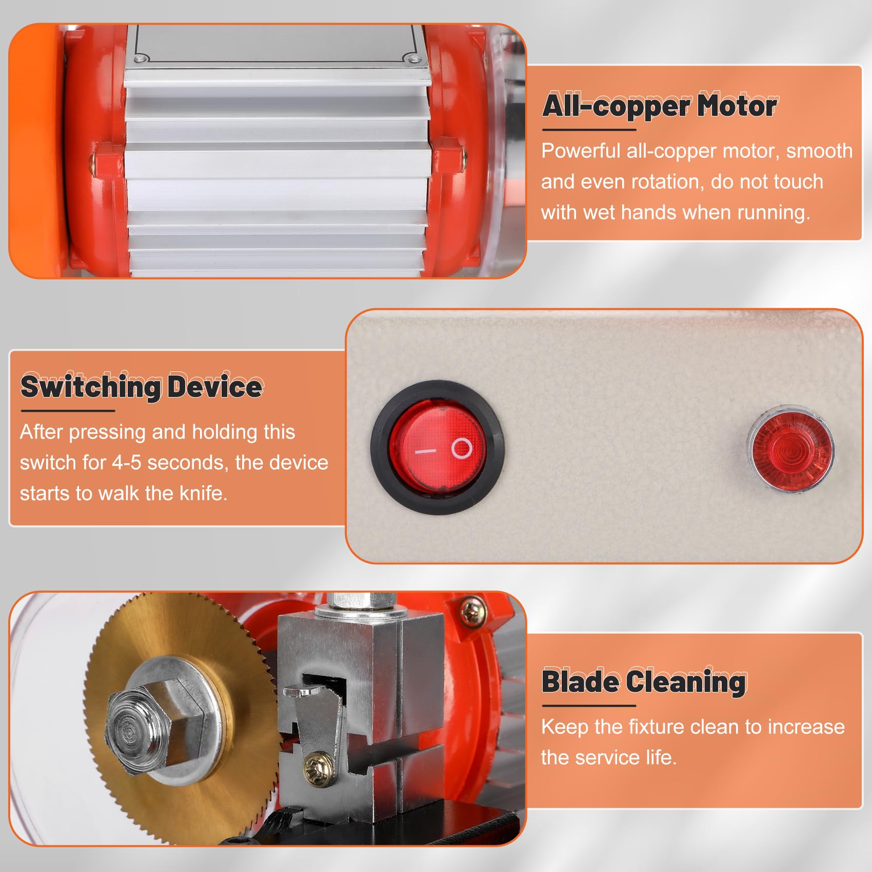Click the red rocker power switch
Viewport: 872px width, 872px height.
click(x=437, y=447)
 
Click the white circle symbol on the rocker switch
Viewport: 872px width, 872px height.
click(x=462, y=448)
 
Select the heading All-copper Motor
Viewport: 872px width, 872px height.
click(x=660, y=106)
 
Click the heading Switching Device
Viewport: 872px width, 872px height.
click(x=142, y=386)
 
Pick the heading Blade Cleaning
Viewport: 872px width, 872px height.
click(x=644, y=682)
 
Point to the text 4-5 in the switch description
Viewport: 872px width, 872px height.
click(x=127, y=463)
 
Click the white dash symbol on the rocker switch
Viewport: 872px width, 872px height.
click(x=425, y=451)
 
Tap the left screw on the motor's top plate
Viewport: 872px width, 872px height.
click(x=138, y=60)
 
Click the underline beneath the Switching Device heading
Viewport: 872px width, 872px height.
click(x=68, y=410)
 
